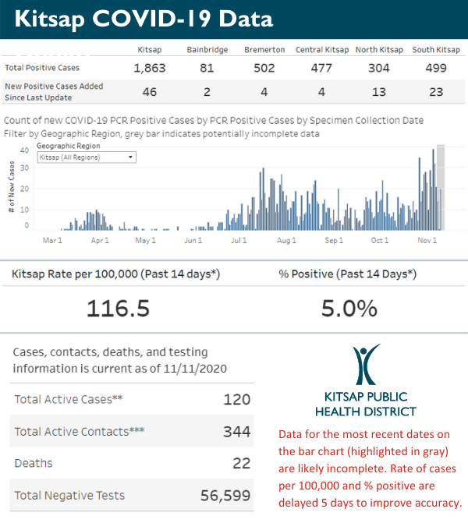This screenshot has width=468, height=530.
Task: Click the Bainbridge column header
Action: coord(207,50)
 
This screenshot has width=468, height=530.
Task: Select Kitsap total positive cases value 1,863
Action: coord(150,68)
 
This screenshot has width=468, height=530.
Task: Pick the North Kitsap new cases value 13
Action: coord(379,91)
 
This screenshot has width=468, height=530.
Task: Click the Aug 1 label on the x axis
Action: coord(286,240)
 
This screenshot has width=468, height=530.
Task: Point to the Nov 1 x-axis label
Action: coord(425,240)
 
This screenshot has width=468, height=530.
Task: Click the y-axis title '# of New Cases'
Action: coord(12,190)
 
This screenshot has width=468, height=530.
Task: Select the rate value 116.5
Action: coord(118,309)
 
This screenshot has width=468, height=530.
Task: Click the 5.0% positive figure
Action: coord(349,309)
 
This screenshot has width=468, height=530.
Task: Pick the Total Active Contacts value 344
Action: coord(236,431)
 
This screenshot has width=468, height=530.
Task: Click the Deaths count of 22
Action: coord(241,463)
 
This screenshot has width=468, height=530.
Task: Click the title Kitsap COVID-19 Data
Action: coord(137,19)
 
